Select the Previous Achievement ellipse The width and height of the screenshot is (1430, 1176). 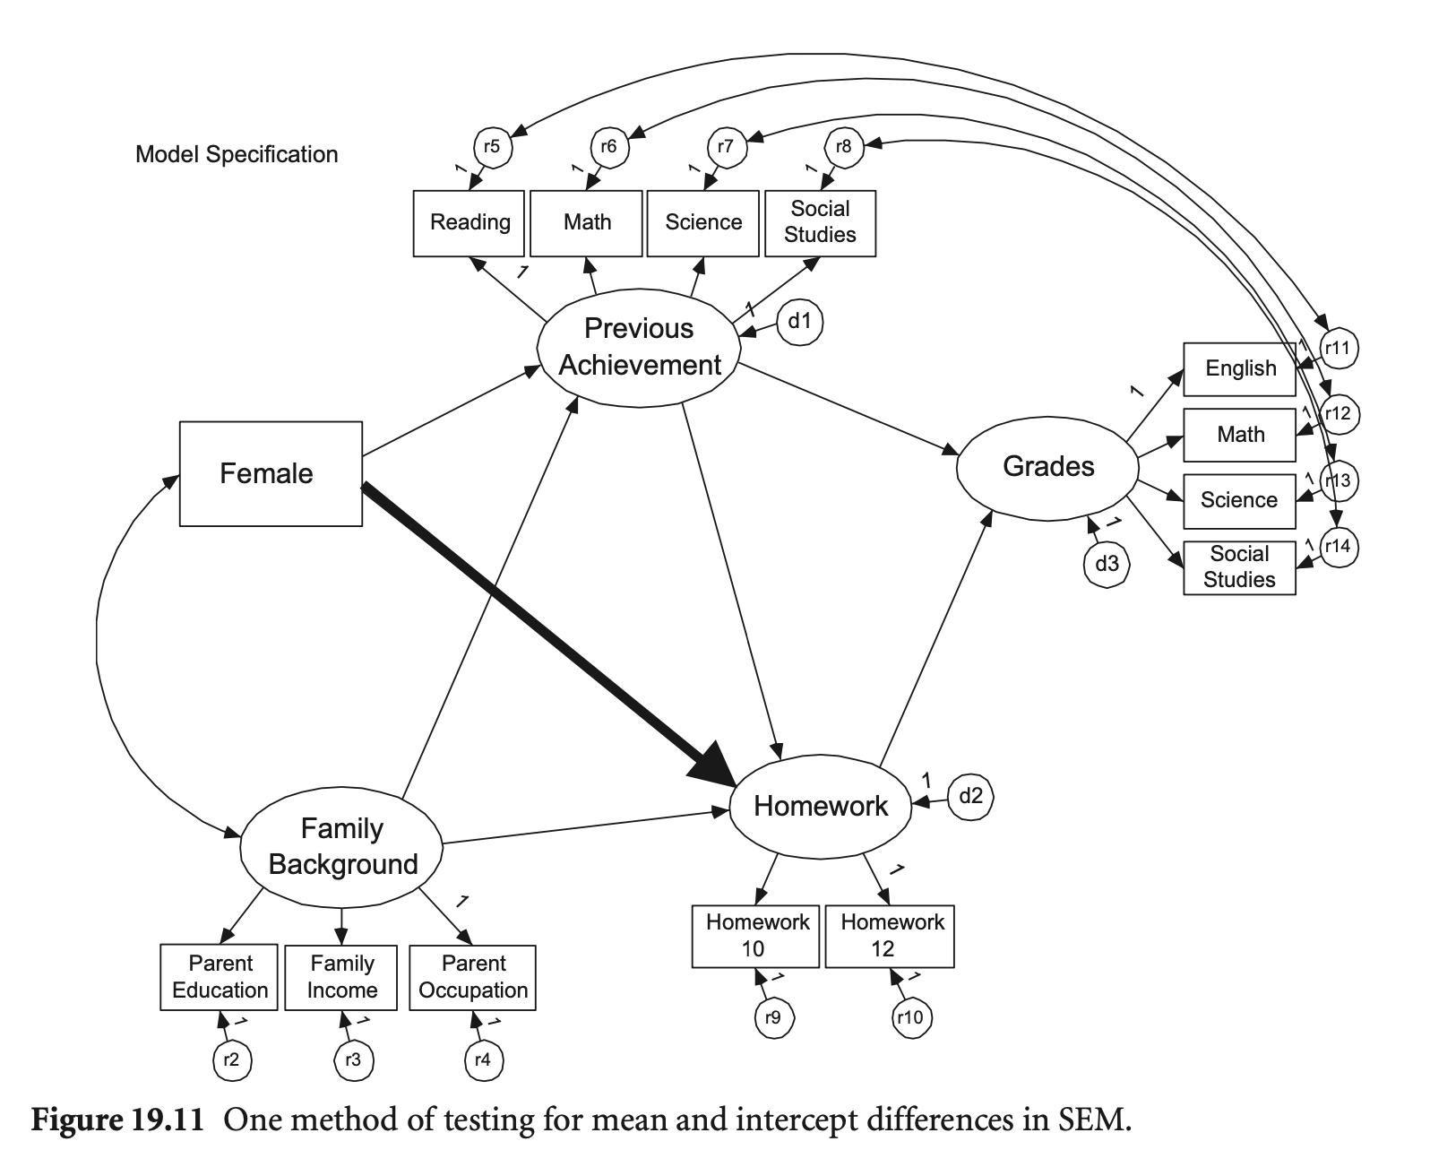(639, 347)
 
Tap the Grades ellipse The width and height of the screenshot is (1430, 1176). (1047, 467)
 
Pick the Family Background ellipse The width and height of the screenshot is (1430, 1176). (342, 846)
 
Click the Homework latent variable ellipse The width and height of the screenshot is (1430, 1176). (821, 806)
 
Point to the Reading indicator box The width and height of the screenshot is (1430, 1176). (469, 222)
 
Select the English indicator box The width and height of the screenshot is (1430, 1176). (1239, 368)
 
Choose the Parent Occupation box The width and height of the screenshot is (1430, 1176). (472, 977)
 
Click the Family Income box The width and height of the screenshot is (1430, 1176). (341, 977)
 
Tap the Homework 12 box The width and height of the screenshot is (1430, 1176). (890, 936)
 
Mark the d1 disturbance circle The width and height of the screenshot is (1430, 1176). (799, 321)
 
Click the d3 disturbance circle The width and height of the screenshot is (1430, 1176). (1107, 564)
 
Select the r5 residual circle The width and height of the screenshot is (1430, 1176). (492, 146)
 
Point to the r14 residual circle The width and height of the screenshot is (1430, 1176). (1338, 547)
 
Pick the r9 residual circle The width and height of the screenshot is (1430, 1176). (773, 1017)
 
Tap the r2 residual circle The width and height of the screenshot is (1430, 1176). (232, 1060)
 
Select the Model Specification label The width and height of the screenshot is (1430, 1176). (237, 154)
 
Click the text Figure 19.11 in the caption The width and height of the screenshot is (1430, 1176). (119, 1120)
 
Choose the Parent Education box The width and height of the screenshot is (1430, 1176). (220, 977)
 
